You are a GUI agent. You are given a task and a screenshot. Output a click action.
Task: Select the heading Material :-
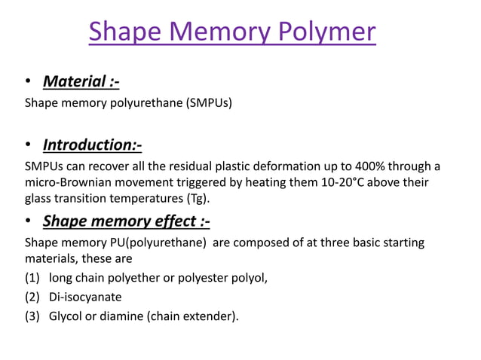click(81, 81)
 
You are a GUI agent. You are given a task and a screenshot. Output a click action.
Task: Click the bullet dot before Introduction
click(29, 145)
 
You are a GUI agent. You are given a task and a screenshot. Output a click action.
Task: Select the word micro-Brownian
click(66, 182)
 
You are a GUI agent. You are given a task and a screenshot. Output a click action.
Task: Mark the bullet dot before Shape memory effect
click(29, 221)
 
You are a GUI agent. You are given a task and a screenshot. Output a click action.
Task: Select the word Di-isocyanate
click(85, 297)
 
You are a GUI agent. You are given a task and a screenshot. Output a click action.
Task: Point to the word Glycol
click(67, 316)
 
